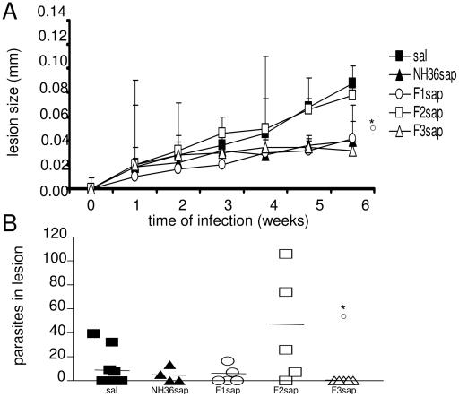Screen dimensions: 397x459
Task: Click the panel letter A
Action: (x=11, y=9)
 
